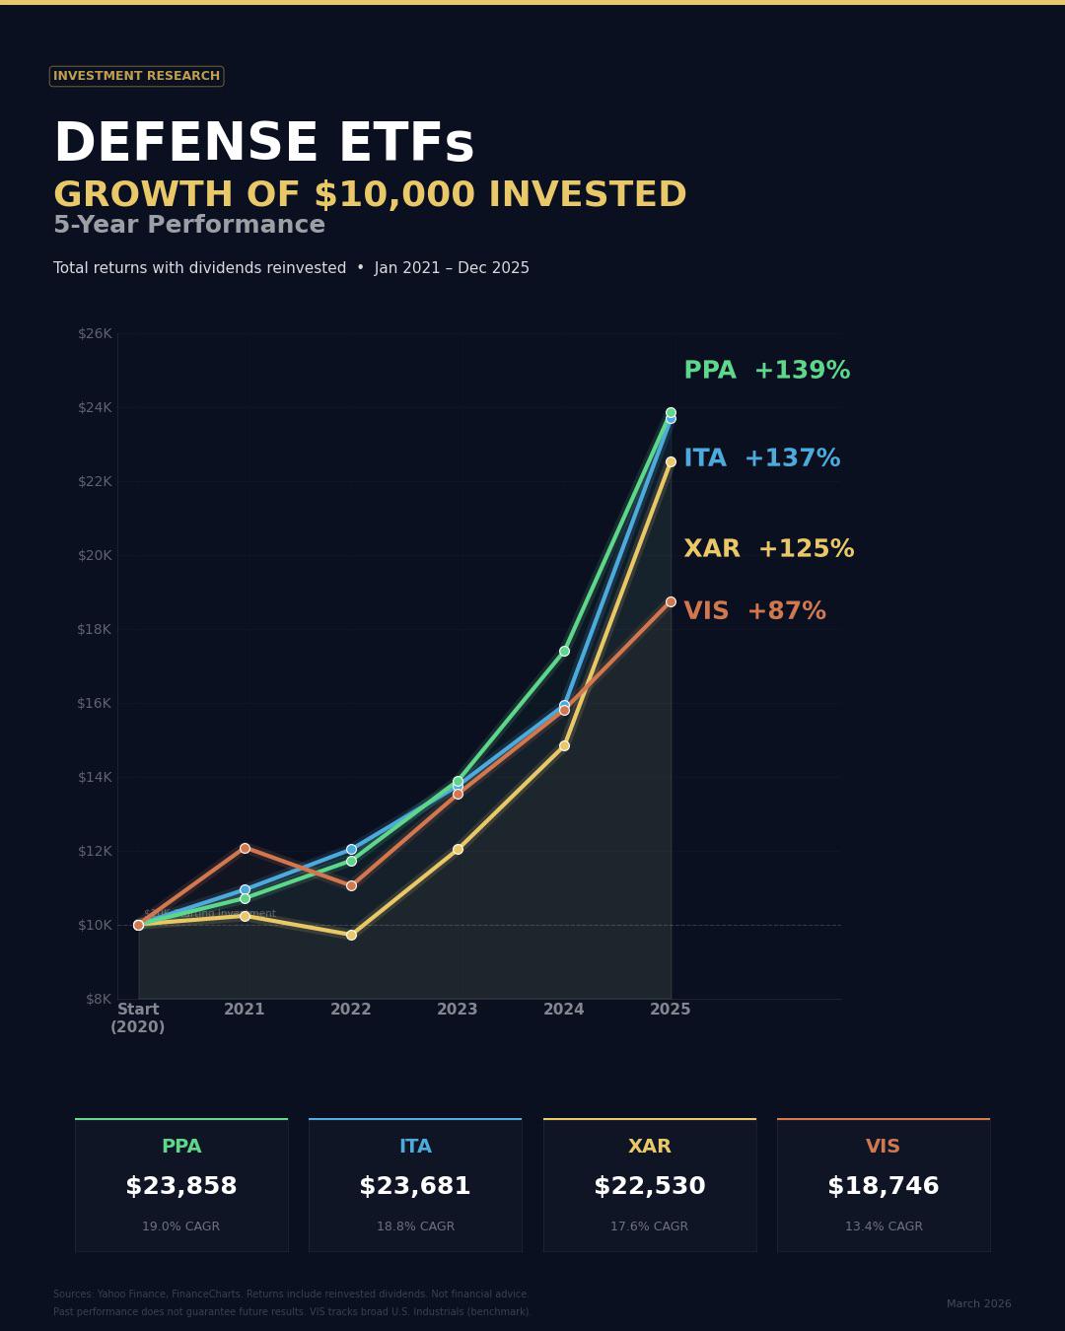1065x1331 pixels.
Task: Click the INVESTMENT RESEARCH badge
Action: click(136, 76)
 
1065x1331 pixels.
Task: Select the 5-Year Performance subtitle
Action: click(189, 226)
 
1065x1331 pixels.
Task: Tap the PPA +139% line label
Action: click(766, 372)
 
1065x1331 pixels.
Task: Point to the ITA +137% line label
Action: click(761, 459)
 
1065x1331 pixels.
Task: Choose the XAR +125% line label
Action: click(768, 550)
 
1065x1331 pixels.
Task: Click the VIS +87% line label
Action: click(754, 612)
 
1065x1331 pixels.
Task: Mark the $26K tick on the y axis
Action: click(95, 333)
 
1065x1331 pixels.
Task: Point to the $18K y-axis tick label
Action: click(95, 629)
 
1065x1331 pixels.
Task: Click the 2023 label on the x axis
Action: click(458, 1010)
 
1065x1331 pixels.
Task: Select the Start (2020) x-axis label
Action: click(138, 1018)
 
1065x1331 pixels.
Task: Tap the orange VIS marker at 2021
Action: click(245, 848)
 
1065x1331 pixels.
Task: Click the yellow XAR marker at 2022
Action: click(351, 935)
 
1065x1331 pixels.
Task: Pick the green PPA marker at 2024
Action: click(564, 651)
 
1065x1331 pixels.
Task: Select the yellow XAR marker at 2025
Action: click(671, 461)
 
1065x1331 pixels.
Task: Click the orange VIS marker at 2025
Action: click(671, 601)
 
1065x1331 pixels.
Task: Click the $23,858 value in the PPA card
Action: click(181, 1187)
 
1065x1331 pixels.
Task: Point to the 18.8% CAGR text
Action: click(415, 1226)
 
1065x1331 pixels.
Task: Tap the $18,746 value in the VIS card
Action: click(884, 1187)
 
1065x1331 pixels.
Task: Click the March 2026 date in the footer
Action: click(978, 1304)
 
